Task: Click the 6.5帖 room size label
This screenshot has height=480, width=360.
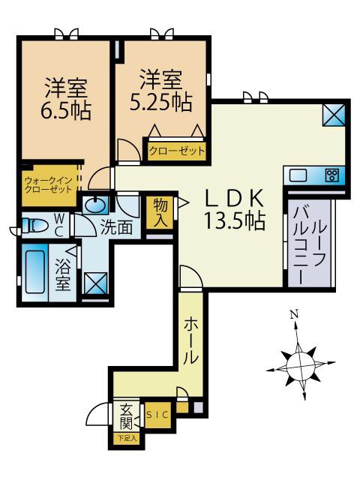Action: click(x=66, y=110)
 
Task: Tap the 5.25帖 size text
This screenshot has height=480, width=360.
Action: click(x=161, y=102)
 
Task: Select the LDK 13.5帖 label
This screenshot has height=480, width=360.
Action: click(x=234, y=209)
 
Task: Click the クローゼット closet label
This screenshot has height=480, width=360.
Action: click(x=177, y=151)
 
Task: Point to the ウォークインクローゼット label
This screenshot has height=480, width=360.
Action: click(x=48, y=184)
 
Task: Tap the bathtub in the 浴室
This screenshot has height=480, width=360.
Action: click(x=35, y=272)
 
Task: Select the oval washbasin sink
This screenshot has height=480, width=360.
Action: click(x=95, y=205)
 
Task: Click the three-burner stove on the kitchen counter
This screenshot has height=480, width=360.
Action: click(x=331, y=175)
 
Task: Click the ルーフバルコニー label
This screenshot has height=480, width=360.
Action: click(x=310, y=245)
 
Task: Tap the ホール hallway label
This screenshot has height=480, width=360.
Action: click(x=190, y=340)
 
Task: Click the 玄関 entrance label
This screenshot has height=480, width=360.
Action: click(x=126, y=417)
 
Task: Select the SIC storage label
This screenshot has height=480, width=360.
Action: click(x=157, y=415)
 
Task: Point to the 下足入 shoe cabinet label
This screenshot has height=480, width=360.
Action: click(x=127, y=438)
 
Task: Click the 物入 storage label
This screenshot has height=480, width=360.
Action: click(x=160, y=212)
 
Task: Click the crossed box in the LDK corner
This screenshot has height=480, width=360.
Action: click(x=334, y=115)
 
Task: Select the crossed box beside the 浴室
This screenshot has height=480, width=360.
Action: click(x=96, y=283)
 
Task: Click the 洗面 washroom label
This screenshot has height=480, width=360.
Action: click(x=116, y=228)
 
